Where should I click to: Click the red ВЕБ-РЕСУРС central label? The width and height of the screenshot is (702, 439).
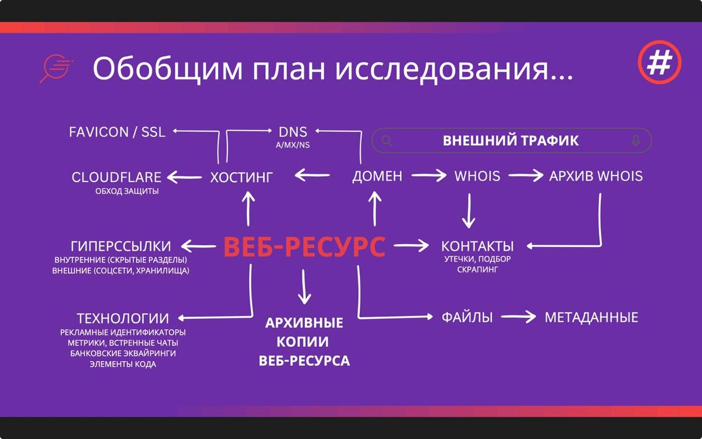[x=304, y=247]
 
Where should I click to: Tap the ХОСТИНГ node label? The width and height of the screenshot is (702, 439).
[x=242, y=176]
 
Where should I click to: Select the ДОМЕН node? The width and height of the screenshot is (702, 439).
[x=377, y=176]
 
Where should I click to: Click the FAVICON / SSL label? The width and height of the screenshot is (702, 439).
[x=117, y=132]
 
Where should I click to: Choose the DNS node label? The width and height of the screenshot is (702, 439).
[x=293, y=132]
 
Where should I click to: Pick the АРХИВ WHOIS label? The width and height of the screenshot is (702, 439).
[x=596, y=176]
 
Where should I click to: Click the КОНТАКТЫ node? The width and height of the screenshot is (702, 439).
[x=477, y=246]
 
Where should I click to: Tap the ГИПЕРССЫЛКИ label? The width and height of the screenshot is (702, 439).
[x=121, y=246]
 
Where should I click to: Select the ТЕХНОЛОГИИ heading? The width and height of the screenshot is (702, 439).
[x=123, y=318]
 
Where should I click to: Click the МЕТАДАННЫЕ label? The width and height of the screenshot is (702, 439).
[x=591, y=318]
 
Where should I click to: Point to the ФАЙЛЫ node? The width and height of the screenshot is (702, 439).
[x=467, y=318]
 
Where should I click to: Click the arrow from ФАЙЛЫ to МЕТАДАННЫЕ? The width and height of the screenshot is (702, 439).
[x=518, y=317]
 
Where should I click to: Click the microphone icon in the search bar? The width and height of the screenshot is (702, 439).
[x=636, y=140]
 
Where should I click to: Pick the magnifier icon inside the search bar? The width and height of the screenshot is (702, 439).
[x=387, y=140]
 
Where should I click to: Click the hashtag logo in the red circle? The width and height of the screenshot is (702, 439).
[x=660, y=62]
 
